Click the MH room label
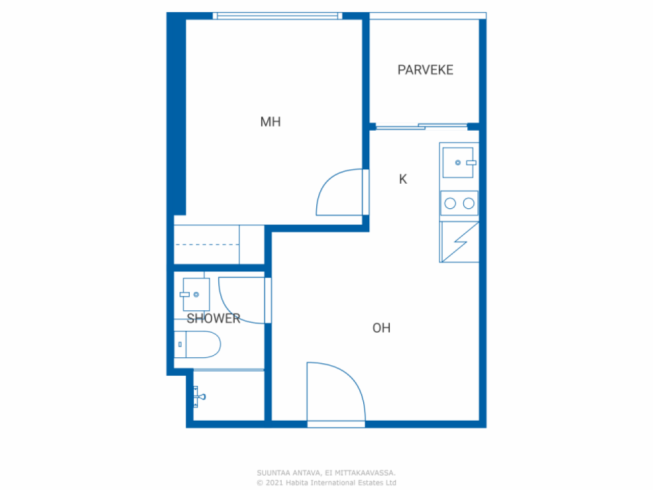pos(270,121)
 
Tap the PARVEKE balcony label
pos(425,70)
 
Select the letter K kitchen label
pos(403,179)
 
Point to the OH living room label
pos(382,328)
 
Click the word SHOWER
pos(213,318)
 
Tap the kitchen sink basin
pos(458,162)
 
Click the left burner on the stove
pos(450,204)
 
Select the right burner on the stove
pos(468,204)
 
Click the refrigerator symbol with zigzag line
pos(459,242)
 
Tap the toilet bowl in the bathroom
pos(197,344)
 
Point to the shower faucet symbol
pos(199,397)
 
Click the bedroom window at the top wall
pos(278,16)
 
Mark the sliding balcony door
pos(421,127)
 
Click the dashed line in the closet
pos(207,244)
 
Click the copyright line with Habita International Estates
pos(326,482)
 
